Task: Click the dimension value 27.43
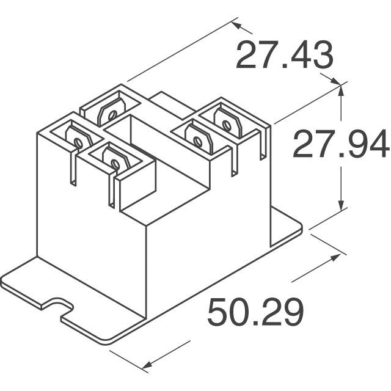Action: [x=284, y=55]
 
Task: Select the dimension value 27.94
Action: [x=341, y=144]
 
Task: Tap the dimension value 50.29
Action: [x=255, y=312]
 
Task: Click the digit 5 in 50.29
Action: [x=218, y=312]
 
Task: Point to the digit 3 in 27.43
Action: [x=322, y=55]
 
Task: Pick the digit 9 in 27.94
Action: [x=356, y=144]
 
